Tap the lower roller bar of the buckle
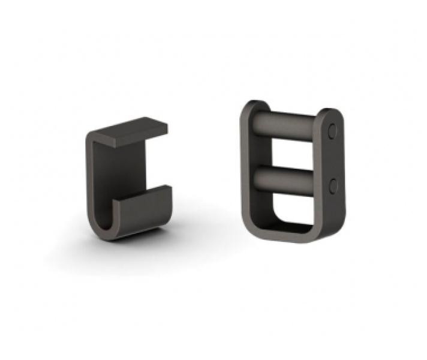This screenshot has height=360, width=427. [288, 178]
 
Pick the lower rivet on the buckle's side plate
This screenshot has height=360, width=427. [333, 185]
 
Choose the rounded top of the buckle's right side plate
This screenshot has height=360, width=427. [330, 113]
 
